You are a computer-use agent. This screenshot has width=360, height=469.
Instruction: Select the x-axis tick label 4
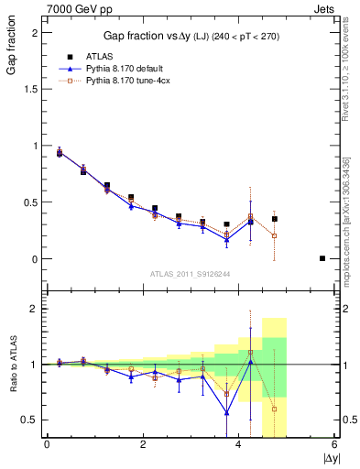tap(238, 445)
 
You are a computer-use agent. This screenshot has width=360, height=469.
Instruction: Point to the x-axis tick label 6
tap(334, 445)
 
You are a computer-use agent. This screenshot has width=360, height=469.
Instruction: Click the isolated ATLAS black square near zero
tap(322, 258)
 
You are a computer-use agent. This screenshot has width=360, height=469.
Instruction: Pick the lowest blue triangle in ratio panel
tap(226, 412)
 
